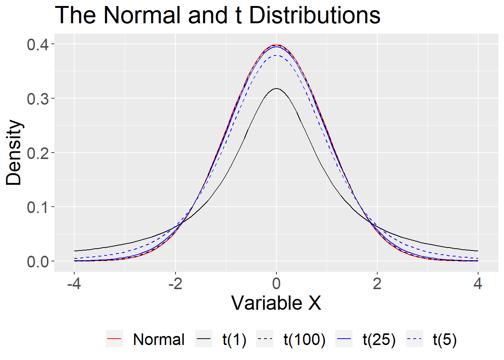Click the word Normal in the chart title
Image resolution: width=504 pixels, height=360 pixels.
[142, 16]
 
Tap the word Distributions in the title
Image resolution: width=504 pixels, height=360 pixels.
[315, 16]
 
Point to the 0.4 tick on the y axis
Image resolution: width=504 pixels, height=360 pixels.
[37, 45]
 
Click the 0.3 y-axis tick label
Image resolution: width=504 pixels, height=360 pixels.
[37, 99]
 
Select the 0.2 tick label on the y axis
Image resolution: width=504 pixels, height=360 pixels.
[37, 153]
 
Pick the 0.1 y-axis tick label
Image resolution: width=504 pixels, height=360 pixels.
[37, 207]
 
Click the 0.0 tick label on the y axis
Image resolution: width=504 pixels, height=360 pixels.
[37, 261]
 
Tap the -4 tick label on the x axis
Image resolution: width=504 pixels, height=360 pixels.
[74, 284]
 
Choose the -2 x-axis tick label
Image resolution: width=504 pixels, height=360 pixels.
[175, 284]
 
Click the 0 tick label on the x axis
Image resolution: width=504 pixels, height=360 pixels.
[276, 284]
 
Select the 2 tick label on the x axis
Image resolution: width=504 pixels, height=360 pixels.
[377, 284]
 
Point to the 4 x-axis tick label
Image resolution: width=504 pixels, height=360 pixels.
[478, 284]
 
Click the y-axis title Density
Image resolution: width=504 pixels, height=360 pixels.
[14, 153]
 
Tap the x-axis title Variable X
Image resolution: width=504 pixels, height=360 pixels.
[276, 303]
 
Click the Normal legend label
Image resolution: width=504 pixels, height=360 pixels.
[159, 340]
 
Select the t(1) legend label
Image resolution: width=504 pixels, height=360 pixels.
[234, 340]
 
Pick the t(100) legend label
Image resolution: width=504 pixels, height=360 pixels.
[304, 340]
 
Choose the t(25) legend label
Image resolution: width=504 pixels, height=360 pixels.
[379, 340]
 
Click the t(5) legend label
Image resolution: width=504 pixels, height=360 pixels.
[445, 340]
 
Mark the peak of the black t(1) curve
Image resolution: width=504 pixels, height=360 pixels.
[276, 88]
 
